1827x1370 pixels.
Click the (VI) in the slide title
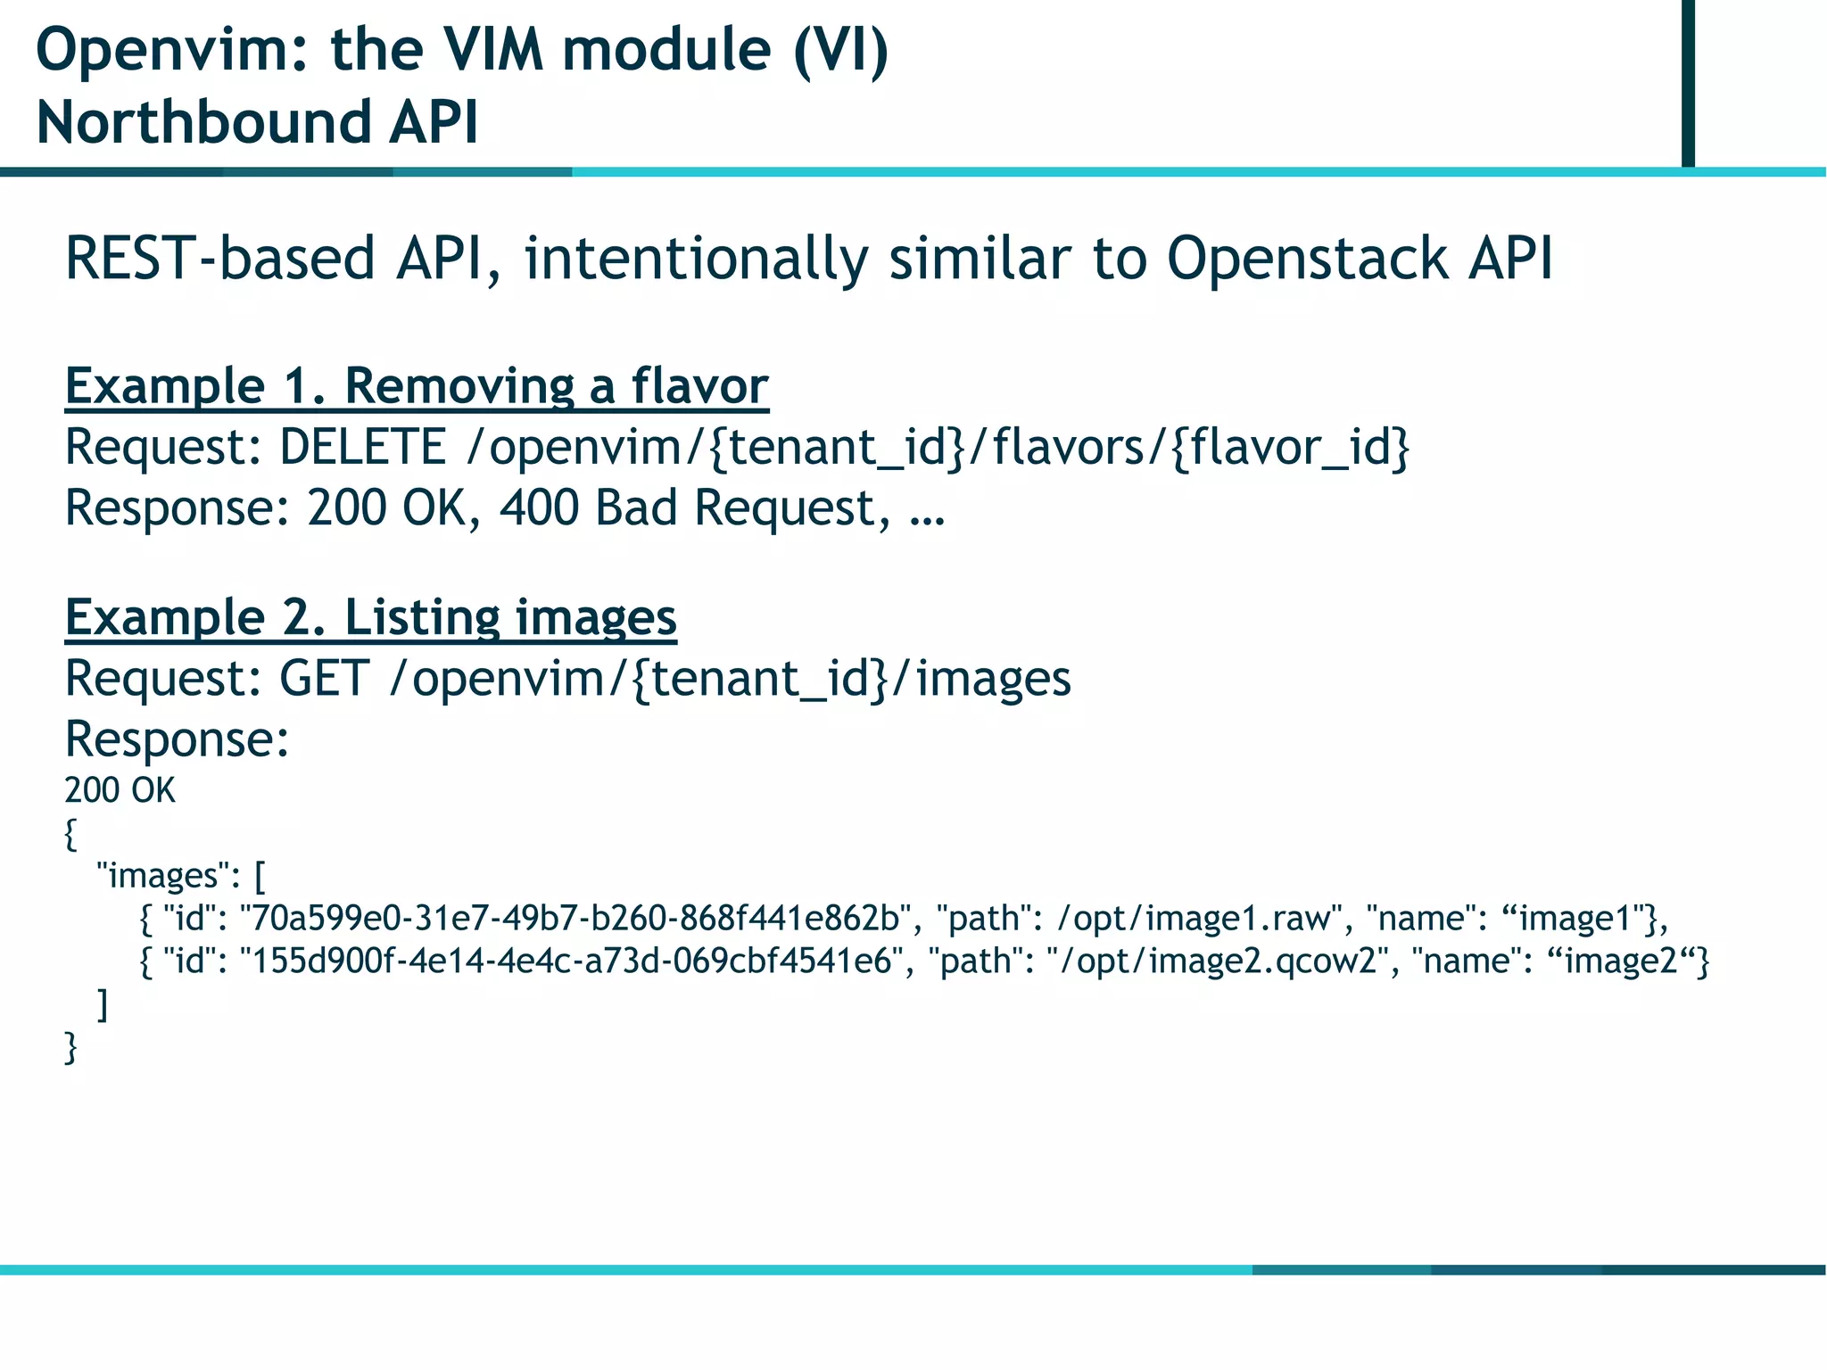[840, 50]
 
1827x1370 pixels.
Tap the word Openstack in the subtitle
[1308, 259]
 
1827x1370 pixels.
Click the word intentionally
[696, 259]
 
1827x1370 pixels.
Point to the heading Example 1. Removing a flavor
[416, 387]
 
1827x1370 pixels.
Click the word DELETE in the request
[362, 448]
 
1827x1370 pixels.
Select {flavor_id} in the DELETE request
[1290, 448]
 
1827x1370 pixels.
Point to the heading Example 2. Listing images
[370, 617]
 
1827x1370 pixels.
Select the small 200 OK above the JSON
[120, 791]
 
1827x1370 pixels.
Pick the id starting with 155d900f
[571, 961]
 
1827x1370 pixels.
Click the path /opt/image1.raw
[1199, 918]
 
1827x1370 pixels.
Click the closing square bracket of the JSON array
[103, 1005]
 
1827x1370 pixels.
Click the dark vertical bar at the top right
[1688, 82]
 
